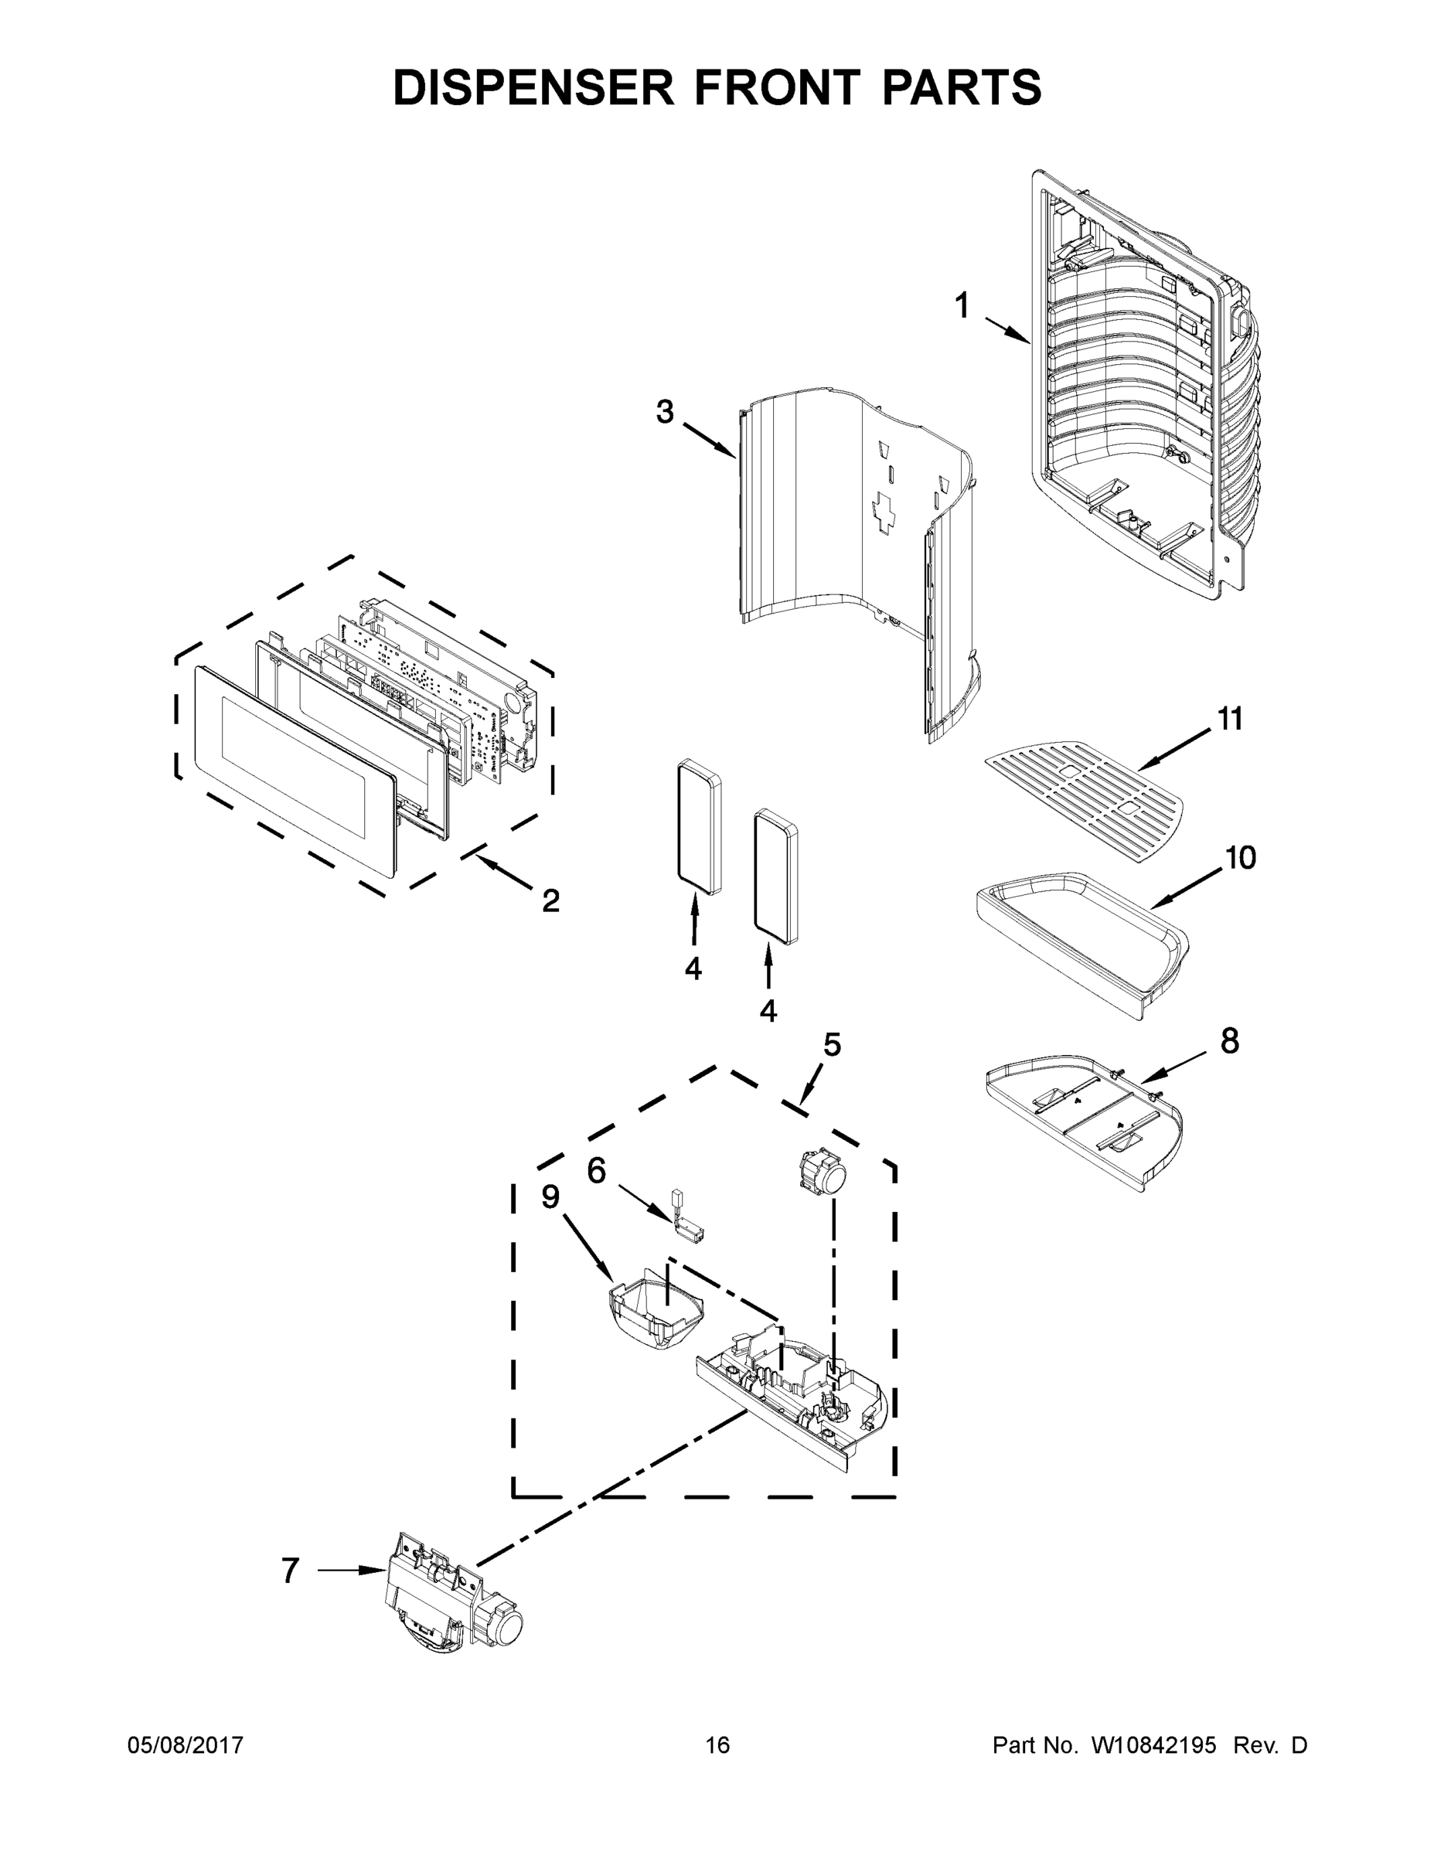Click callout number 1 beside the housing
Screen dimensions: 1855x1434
click(962, 305)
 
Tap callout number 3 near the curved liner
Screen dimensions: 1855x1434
click(664, 412)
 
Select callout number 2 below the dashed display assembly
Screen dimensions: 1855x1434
click(550, 901)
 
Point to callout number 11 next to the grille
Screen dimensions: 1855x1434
click(1229, 719)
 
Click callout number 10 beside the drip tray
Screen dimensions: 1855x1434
click(1240, 858)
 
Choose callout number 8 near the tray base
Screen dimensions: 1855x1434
click(1229, 1040)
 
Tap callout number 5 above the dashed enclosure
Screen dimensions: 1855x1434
click(832, 1044)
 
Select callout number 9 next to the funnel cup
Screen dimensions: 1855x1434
click(550, 1196)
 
